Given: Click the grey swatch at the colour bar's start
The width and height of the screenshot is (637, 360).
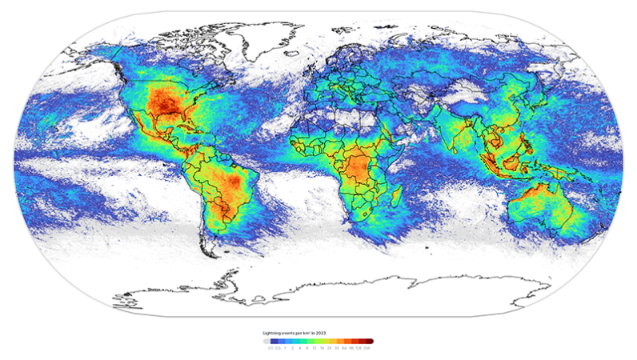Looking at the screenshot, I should point(267,341).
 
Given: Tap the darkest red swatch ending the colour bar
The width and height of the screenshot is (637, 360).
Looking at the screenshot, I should point(370,341).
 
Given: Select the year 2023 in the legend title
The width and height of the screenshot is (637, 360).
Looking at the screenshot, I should point(322,332).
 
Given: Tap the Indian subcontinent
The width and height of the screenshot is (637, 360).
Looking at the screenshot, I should point(457,134).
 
